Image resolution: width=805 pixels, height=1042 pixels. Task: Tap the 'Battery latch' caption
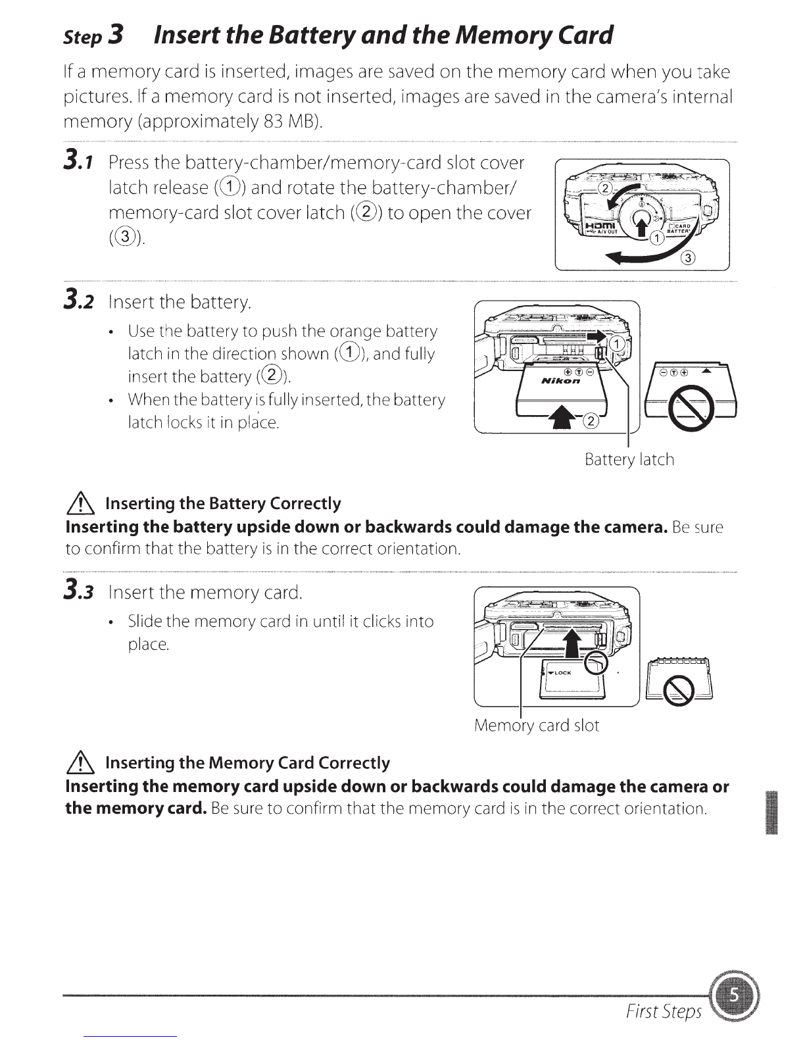(629, 459)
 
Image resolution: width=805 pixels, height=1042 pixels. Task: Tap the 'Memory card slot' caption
(537, 726)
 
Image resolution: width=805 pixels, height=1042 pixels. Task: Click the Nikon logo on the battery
(561, 382)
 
